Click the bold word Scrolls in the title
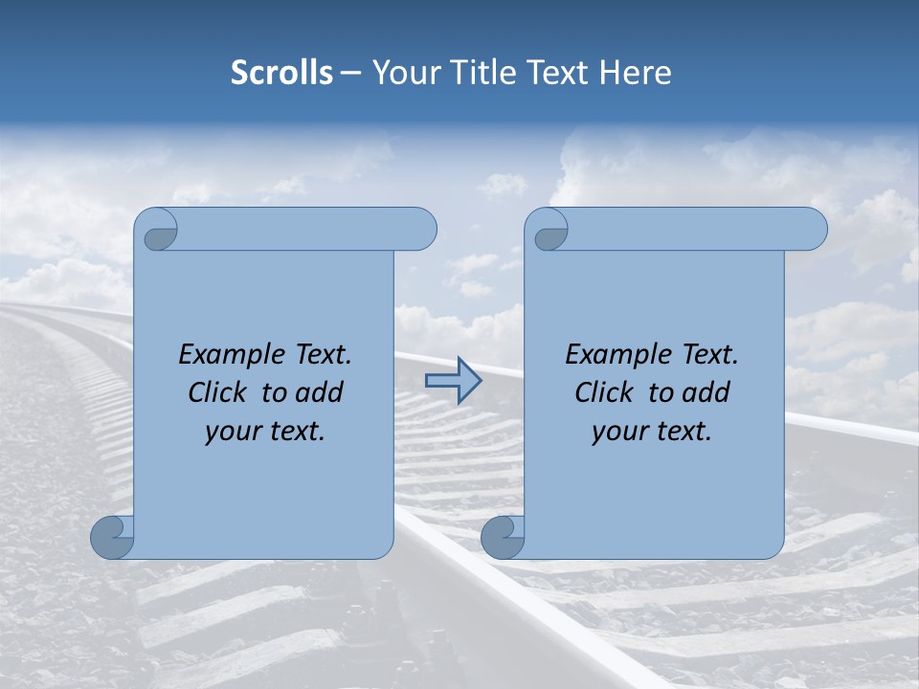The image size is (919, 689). (282, 72)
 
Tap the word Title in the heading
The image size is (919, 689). (484, 72)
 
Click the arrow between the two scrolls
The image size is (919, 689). (453, 381)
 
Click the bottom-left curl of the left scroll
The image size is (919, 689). (113, 538)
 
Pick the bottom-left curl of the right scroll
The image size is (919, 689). (504, 538)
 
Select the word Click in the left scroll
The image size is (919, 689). (217, 392)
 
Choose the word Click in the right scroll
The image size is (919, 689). (604, 392)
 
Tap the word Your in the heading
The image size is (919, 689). (405, 72)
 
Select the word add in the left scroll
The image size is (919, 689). (318, 392)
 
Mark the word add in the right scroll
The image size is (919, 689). (705, 392)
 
